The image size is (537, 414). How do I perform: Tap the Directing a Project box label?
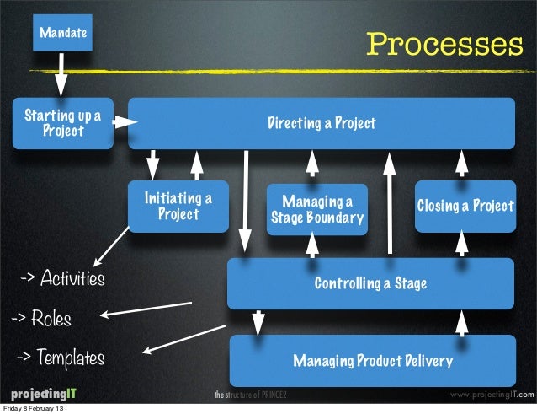coord(322,124)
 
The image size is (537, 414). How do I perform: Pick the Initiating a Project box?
coord(178,206)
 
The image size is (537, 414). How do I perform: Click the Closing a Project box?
coord(465,206)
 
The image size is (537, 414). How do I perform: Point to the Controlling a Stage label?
coord(370,283)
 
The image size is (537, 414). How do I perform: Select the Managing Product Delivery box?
coord(372,361)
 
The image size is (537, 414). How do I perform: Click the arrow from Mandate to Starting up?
coord(61,75)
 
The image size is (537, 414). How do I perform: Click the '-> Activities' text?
coord(63,278)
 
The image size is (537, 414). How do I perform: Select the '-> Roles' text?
coord(40,319)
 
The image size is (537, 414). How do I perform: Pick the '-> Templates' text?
coord(61,358)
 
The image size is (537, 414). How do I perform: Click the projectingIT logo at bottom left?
coord(43,395)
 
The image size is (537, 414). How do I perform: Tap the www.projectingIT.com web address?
coord(487,395)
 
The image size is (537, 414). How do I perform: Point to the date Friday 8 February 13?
coord(37,409)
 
